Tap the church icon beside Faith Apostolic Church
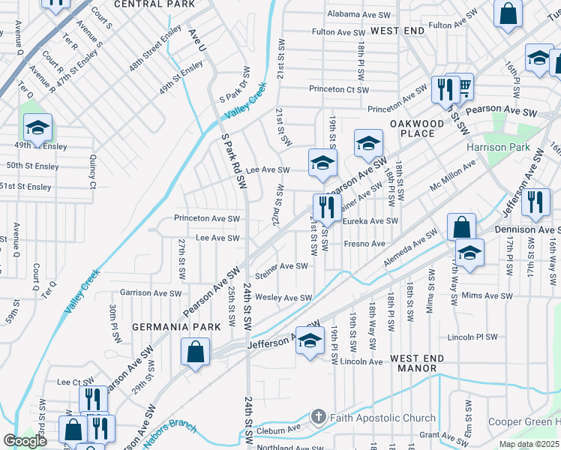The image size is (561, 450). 317,417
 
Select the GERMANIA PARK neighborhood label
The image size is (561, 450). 176,327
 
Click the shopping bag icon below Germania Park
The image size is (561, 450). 195,352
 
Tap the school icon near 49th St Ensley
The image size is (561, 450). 37,129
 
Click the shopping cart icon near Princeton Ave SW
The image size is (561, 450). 463,88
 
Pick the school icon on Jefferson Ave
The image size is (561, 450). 309,341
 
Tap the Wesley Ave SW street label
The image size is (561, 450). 283,298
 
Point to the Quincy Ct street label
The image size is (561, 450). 93,172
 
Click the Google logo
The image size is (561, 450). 25,441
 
